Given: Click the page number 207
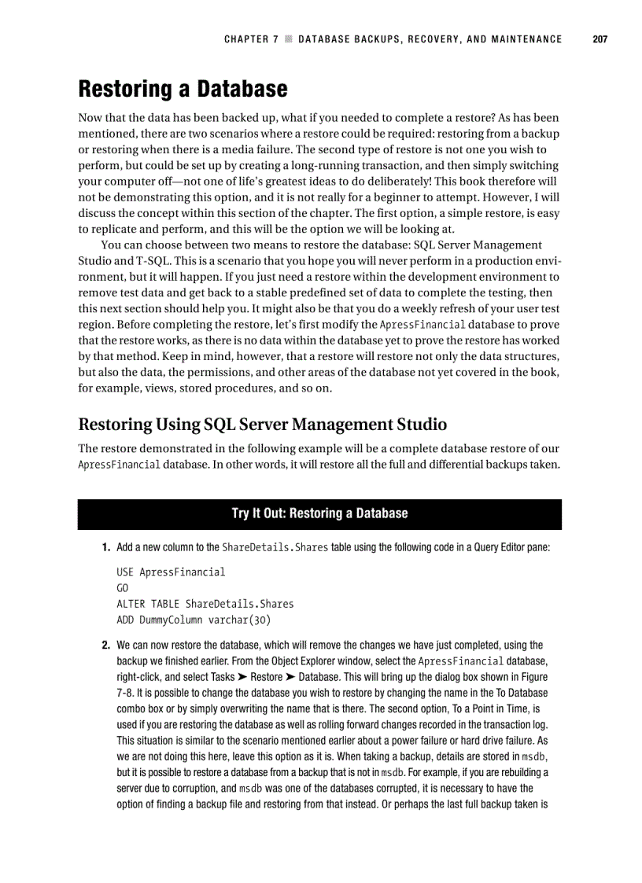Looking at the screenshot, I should pyautogui.click(x=600, y=39).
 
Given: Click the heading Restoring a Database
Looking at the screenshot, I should pyautogui.click(x=183, y=89).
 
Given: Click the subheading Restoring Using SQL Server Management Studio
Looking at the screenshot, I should pyautogui.click(x=262, y=425).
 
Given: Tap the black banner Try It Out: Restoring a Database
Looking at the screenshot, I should pyautogui.click(x=319, y=513).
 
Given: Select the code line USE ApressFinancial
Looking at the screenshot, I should pyautogui.click(x=170, y=572).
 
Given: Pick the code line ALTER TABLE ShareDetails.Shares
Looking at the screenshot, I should pyautogui.click(x=205, y=604).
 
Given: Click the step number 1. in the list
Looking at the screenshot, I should pyautogui.click(x=105, y=547).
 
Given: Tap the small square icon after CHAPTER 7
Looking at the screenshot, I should pyautogui.click(x=289, y=39).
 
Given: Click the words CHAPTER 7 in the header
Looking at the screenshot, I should pyautogui.click(x=251, y=39).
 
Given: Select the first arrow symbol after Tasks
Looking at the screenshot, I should pyautogui.click(x=241, y=677).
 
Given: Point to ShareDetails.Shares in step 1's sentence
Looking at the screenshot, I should pyautogui.click(x=275, y=547).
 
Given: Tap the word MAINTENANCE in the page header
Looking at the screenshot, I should pyautogui.click(x=524, y=39).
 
